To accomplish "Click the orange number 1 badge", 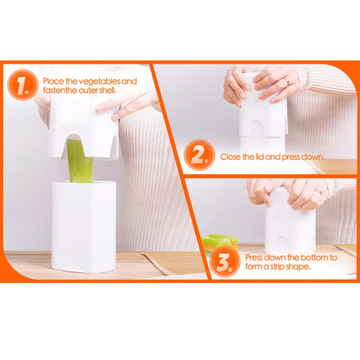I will (x=21, y=85).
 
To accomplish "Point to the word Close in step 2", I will (x=231, y=157).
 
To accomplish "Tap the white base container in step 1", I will (x=83, y=226).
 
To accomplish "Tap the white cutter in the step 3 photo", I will (x=290, y=230).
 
